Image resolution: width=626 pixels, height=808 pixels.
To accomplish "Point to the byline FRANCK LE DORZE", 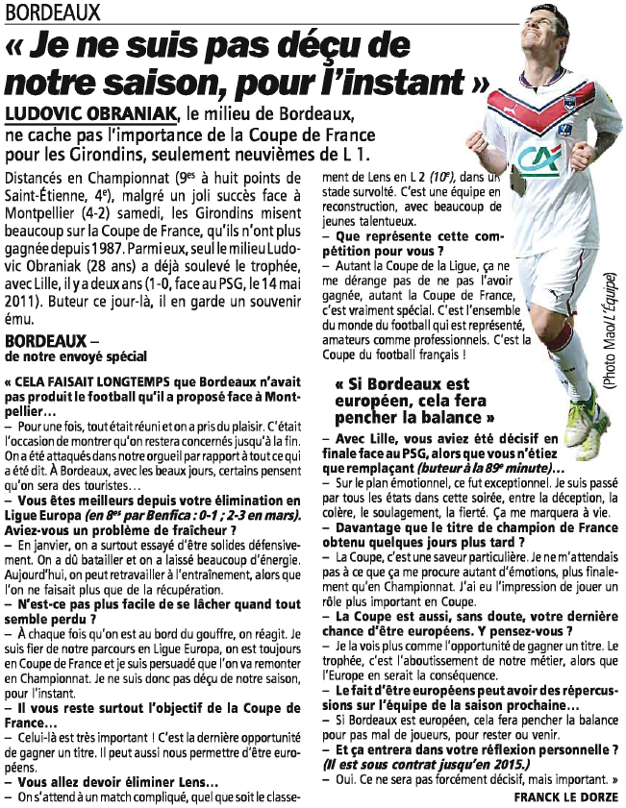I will pyautogui.click(x=566, y=797).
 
